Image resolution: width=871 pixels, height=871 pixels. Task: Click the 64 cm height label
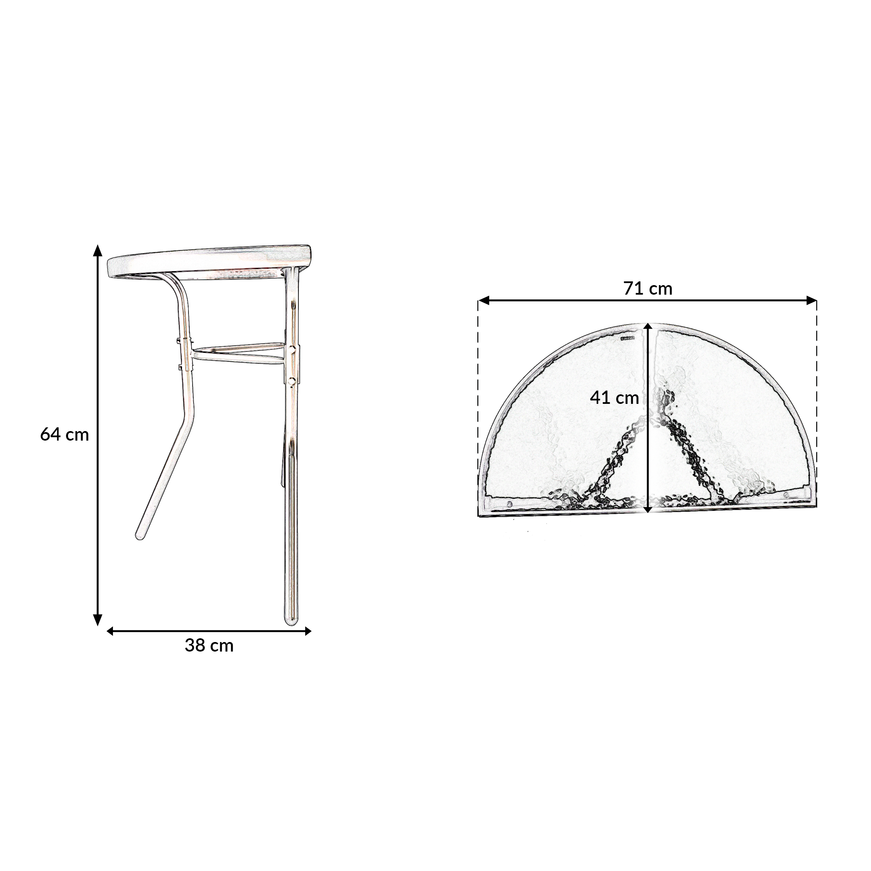(x=64, y=434)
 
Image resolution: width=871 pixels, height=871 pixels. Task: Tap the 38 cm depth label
(x=209, y=645)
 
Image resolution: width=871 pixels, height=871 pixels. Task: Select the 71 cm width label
(x=648, y=289)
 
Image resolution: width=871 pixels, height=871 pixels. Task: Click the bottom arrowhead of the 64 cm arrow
(x=97, y=620)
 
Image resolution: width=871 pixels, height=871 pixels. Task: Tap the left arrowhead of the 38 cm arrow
(x=110, y=631)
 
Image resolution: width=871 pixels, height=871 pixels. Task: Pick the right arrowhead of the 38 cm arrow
(x=308, y=631)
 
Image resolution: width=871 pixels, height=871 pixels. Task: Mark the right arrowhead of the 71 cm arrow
(x=811, y=300)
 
